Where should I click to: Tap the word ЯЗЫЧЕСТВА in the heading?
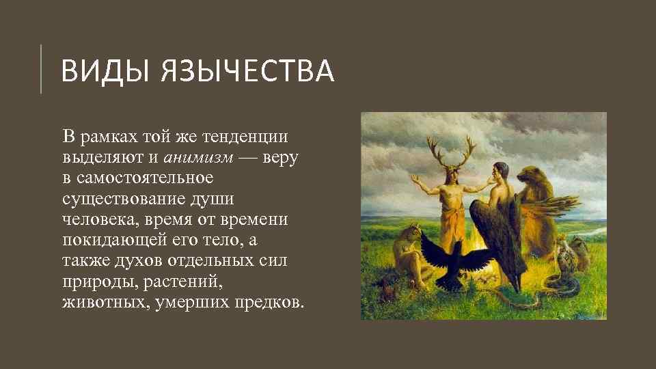click(x=248, y=71)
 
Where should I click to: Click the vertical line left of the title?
click(x=41, y=68)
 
